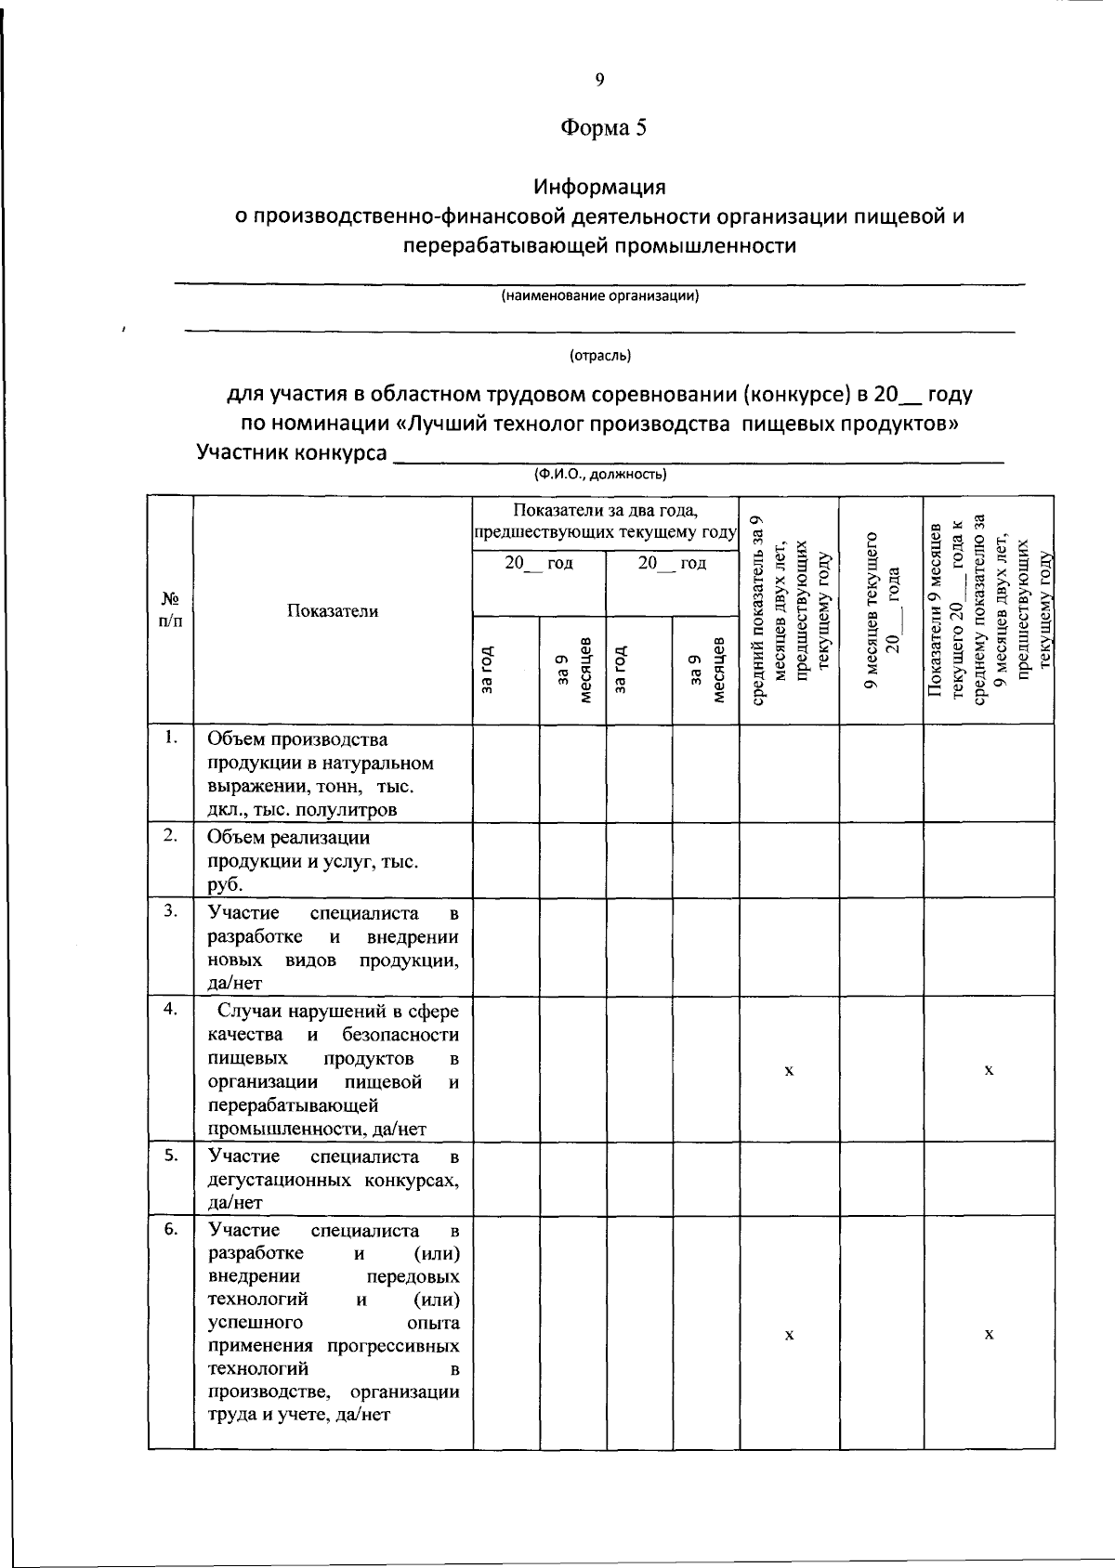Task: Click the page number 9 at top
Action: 599,80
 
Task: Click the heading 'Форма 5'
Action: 603,128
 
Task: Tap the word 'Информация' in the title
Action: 599,187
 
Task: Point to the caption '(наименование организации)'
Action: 599,296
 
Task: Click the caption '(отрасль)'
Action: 599,355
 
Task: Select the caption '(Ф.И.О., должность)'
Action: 599,475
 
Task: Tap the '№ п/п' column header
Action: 170,609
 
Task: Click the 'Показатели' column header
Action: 333,610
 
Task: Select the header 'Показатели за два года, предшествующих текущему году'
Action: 605,522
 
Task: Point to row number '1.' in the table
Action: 170,738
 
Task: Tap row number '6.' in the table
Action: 170,1229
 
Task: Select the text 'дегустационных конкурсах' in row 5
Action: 333,1180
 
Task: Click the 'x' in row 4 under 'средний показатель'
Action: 789,1070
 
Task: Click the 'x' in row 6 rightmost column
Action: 989,1334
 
